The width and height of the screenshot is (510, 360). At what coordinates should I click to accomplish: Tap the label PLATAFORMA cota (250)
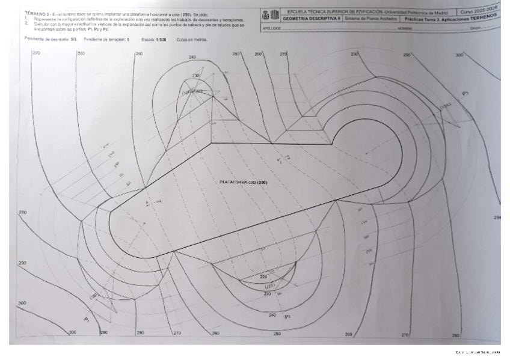pyautogui.click(x=243, y=182)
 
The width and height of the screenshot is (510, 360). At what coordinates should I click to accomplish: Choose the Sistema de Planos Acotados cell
pyautogui.click(x=371, y=19)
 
